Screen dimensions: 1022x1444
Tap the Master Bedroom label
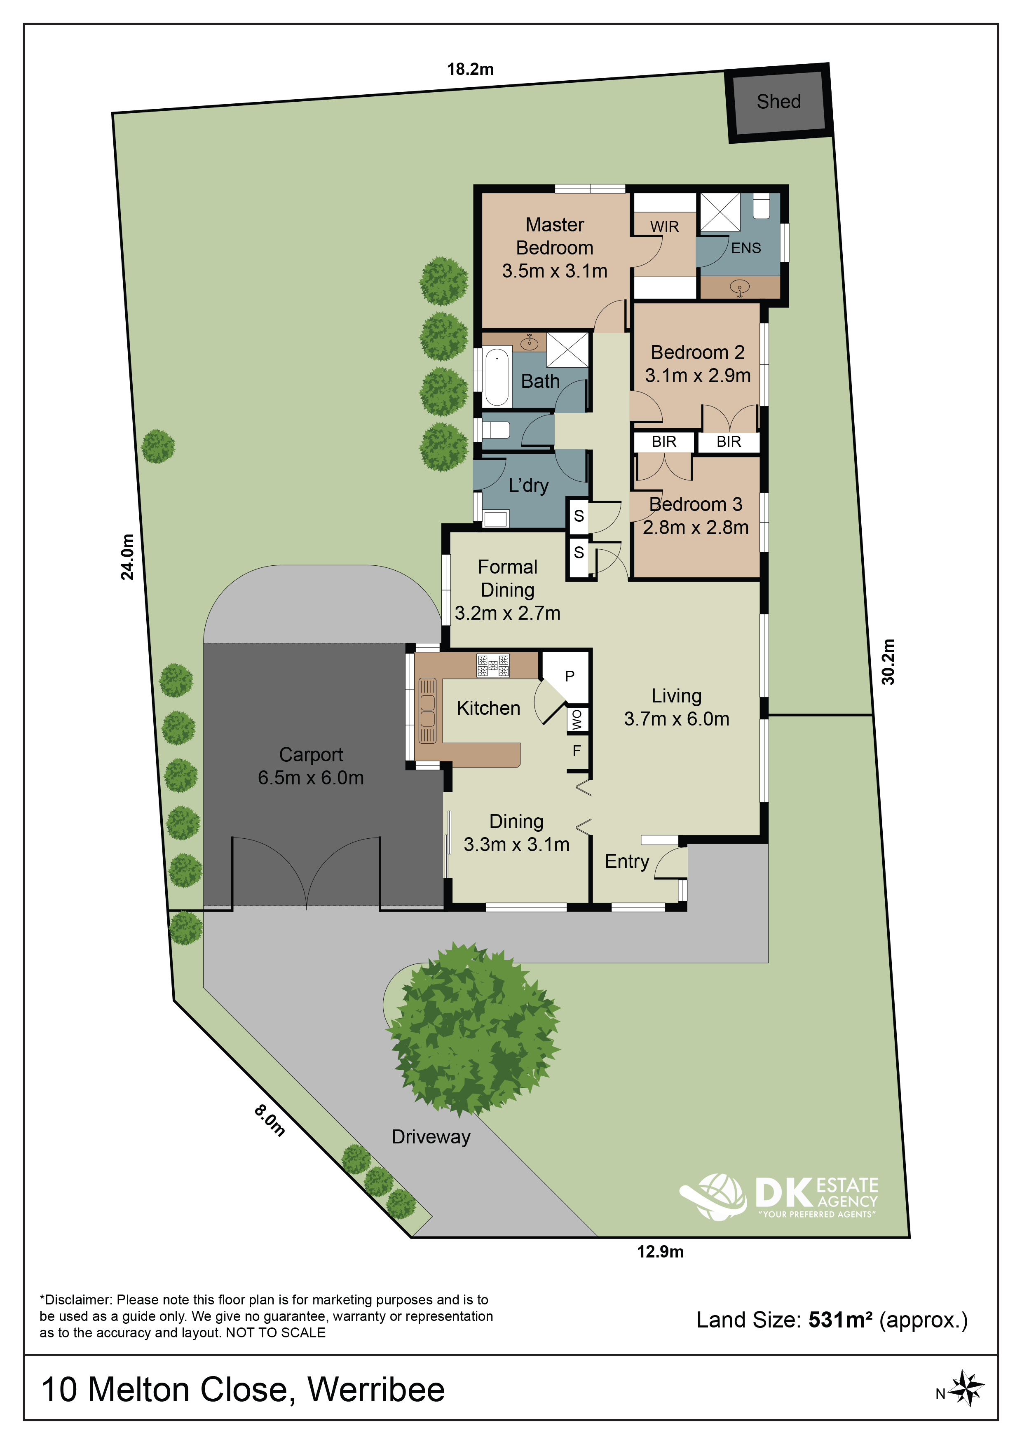pyautogui.click(x=554, y=236)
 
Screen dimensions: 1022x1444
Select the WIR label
pyautogui.click(x=665, y=226)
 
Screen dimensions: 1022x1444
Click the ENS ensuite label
pyautogui.click(x=746, y=248)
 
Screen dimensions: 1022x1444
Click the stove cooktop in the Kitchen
pyautogui.click(x=493, y=665)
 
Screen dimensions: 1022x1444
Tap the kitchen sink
pyautogui.click(x=427, y=711)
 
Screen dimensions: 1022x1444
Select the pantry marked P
pyautogui.click(x=570, y=676)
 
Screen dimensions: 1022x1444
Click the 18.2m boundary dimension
pyautogui.click(x=470, y=69)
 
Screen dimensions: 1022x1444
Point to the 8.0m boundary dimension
pyautogui.click(x=270, y=1121)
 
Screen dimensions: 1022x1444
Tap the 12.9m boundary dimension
pyautogui.click(x=660, y=1252)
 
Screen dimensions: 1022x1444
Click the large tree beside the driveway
pyautogui.click(x=473, y=1029)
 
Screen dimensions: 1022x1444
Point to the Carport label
pyautogui.click(x=311, y=755)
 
